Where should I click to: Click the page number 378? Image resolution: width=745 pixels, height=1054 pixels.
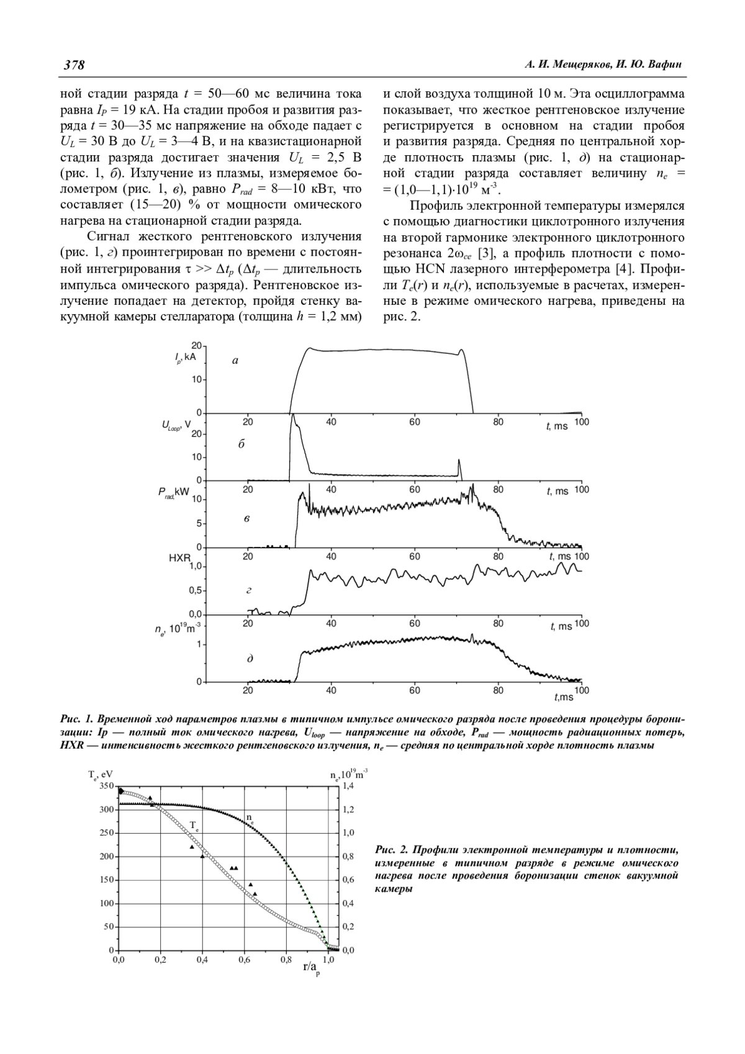click(x=74, y=65)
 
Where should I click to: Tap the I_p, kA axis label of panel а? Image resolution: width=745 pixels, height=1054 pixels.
click(x=185, y=356)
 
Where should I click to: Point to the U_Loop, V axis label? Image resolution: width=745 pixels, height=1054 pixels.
click(x=176, y=426)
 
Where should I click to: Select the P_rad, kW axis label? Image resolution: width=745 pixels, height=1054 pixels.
click(x=173, y=492)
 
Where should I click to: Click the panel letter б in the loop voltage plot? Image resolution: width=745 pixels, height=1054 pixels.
click(x=242, y=444)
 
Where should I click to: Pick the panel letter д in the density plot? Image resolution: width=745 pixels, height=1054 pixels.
click(x=250, y=658)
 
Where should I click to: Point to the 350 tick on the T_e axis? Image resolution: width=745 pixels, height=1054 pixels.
click(x=107, y=786)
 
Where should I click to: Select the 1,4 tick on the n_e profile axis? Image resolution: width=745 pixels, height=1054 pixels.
click(x=349, y=786)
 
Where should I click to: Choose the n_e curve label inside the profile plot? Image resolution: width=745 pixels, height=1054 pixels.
click(x=250, y=818)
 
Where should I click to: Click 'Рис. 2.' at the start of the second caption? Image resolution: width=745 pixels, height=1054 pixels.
click(x=392, y=849)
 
